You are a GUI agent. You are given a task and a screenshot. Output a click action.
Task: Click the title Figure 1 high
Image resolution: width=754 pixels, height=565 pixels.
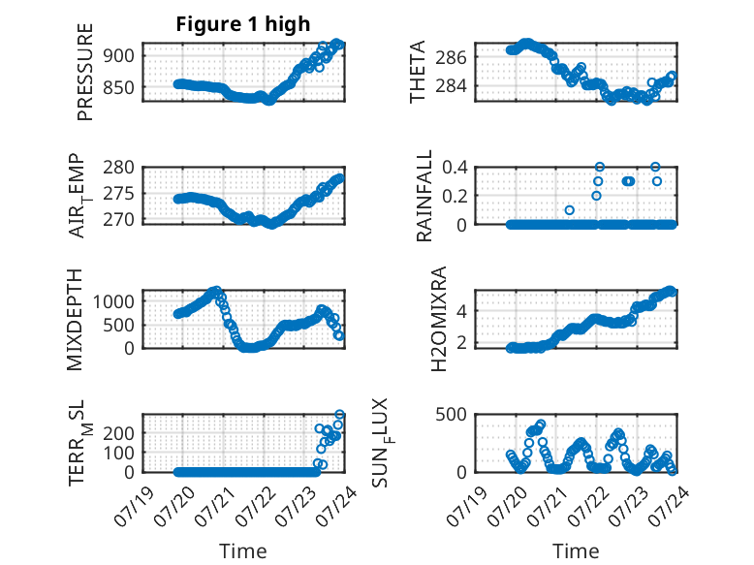[243, 24]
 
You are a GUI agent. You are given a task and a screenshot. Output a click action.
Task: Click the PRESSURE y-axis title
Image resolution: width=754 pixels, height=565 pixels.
[84, 72]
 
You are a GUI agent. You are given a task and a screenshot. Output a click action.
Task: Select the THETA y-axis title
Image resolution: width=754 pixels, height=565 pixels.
[418, 72]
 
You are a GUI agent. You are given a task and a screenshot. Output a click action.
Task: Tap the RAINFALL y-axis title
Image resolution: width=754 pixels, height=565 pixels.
[424, 196]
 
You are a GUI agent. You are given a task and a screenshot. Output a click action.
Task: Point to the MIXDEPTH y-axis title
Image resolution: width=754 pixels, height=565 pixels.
[75, 320]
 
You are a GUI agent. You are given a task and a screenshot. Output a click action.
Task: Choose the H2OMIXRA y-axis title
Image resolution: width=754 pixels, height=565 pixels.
[439, 319]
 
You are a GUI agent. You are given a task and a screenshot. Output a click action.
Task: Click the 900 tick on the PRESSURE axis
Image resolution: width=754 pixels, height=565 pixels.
[119, 56]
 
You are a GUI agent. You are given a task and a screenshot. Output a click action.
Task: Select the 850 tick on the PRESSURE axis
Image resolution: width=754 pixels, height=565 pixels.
[119, 88]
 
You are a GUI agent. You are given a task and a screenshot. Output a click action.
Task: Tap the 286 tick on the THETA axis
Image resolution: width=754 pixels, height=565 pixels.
[451, 58]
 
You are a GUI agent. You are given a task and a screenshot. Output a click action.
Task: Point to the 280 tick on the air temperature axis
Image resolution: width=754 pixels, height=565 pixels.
[119, 168]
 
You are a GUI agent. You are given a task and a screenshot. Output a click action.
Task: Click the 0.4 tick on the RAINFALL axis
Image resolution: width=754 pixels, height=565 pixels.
[455, 168]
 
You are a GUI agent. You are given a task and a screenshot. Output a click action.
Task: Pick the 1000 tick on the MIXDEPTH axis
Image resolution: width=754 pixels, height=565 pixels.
[113, 302]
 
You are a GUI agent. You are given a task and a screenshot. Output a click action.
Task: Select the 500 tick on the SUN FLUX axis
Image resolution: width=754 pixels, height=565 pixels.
[451, 415]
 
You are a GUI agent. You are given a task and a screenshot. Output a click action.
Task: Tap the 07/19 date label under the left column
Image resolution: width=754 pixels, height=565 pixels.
[134, 506]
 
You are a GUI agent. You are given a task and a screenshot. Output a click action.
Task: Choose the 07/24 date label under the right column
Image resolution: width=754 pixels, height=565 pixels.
[669, 506]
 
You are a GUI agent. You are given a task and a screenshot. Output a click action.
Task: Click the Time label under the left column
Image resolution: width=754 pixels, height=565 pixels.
[243, 551]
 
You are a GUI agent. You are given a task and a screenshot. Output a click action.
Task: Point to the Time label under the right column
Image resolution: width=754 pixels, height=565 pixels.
[576, 551]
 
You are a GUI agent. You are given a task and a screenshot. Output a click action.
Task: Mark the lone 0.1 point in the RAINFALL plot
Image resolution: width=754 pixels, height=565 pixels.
[570, 210]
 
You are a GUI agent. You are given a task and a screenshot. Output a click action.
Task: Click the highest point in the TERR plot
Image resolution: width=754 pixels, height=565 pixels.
[339, 414]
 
